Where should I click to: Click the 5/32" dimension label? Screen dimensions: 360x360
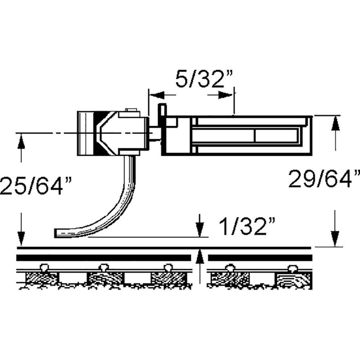pyautogui.click(x=204, y=79)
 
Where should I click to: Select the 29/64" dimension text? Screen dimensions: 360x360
pyautogui.click(x=323, y=179)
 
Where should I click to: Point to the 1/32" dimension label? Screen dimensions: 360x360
pyautogui.click(x=246, y=227)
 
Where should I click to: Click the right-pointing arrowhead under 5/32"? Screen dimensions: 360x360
pyautogui.click(x=225, y=95)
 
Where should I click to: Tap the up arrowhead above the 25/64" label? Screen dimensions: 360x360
pyautogui.click(x=21, y=142)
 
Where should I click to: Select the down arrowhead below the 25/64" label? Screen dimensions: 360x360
pyautogui.click(x=21, y=239)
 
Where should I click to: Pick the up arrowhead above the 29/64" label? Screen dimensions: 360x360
pyautogui.click(x=335, y=123)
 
